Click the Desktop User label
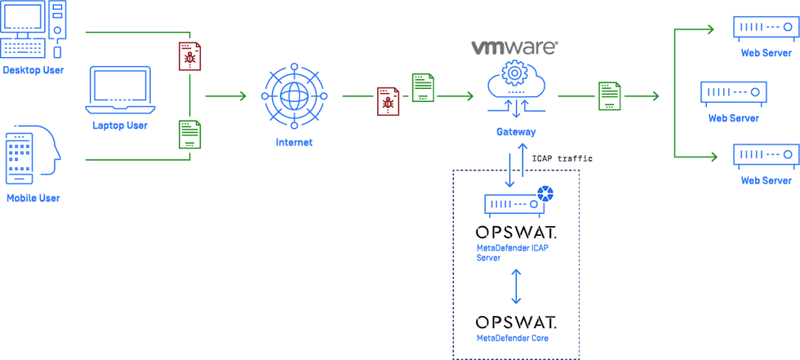(33, 70)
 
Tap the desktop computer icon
(33, 29)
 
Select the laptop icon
(121, 90)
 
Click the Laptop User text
(120, 126)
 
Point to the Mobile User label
(33, 198)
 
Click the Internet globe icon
(294, 96)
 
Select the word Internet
(294, 142)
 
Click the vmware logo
(514, 48)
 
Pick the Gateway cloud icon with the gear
(516, 87)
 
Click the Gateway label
(516, 132)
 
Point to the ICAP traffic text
(562, 158)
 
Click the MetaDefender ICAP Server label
(508, 253)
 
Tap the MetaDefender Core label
(513, 338)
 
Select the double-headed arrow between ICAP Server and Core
(516, 287)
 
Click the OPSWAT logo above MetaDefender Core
(516, 322)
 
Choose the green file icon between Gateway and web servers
(610, 96)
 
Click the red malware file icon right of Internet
(389, 101)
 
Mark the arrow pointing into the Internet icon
(225, 96)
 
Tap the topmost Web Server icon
(766, 29)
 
